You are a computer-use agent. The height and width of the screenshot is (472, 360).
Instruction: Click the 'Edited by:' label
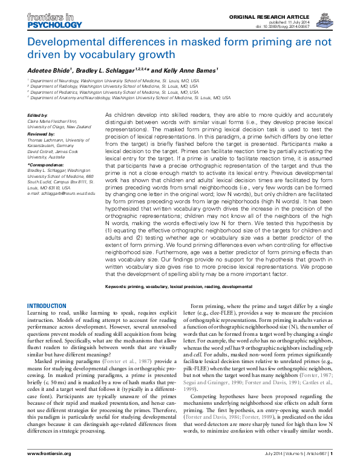[38, 115]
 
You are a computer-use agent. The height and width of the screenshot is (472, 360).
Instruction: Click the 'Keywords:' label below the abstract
[119, 286]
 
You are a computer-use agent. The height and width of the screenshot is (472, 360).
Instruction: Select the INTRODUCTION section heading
[50, 306]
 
